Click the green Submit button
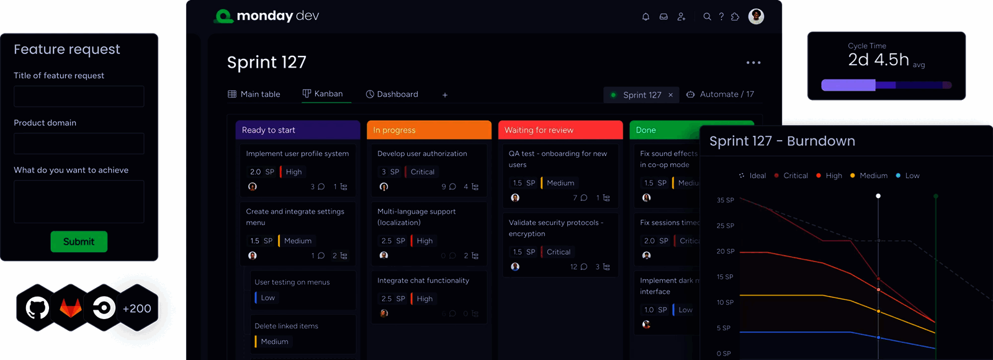[79, 241]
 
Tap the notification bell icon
[645, 17]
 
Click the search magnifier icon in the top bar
[707, 17]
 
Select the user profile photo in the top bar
[756, 16]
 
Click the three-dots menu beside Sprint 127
[753, 63]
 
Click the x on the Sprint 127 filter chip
[670, 95]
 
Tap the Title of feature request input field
[79, 96]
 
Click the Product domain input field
[79, 143]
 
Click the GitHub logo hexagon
[37, 308]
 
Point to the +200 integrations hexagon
[137, 308]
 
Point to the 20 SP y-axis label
[726, 251]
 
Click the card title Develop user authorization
[422, 154]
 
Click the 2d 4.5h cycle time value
[878, 60]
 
